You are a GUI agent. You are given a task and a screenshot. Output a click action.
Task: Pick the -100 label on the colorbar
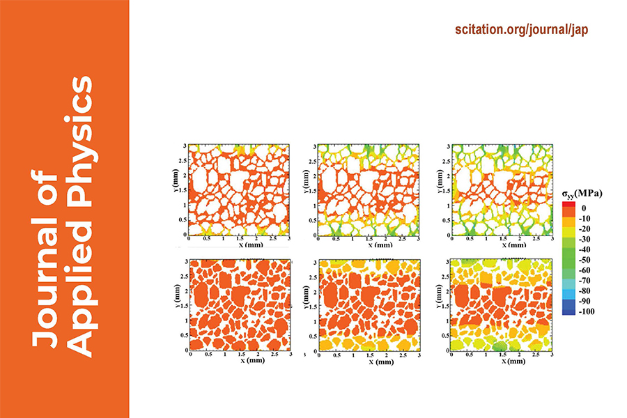coord(585,311)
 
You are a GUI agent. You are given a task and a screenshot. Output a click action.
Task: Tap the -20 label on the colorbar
coord(584,228)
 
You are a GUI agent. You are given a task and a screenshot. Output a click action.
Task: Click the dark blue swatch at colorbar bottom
coord(568,311)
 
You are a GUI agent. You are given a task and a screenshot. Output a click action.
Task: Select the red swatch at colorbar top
coord(568,205)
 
